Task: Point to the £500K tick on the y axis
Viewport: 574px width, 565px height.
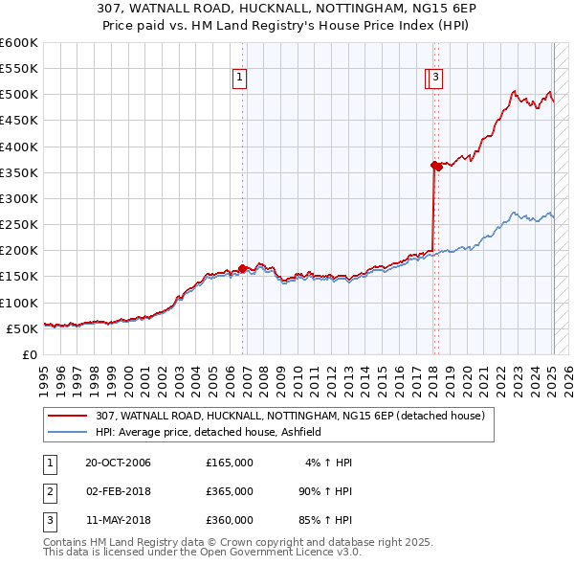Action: coord(19,95)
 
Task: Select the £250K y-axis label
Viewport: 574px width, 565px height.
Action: coord(19,224)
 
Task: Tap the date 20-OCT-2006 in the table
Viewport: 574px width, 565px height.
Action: coord(118,463)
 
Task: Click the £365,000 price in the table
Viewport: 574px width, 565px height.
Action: coord(230,491)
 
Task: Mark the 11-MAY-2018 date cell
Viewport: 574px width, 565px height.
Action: coord(118,520)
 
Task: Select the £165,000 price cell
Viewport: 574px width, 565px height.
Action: coord(230,463)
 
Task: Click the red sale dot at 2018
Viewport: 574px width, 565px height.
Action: coord(435,166)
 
